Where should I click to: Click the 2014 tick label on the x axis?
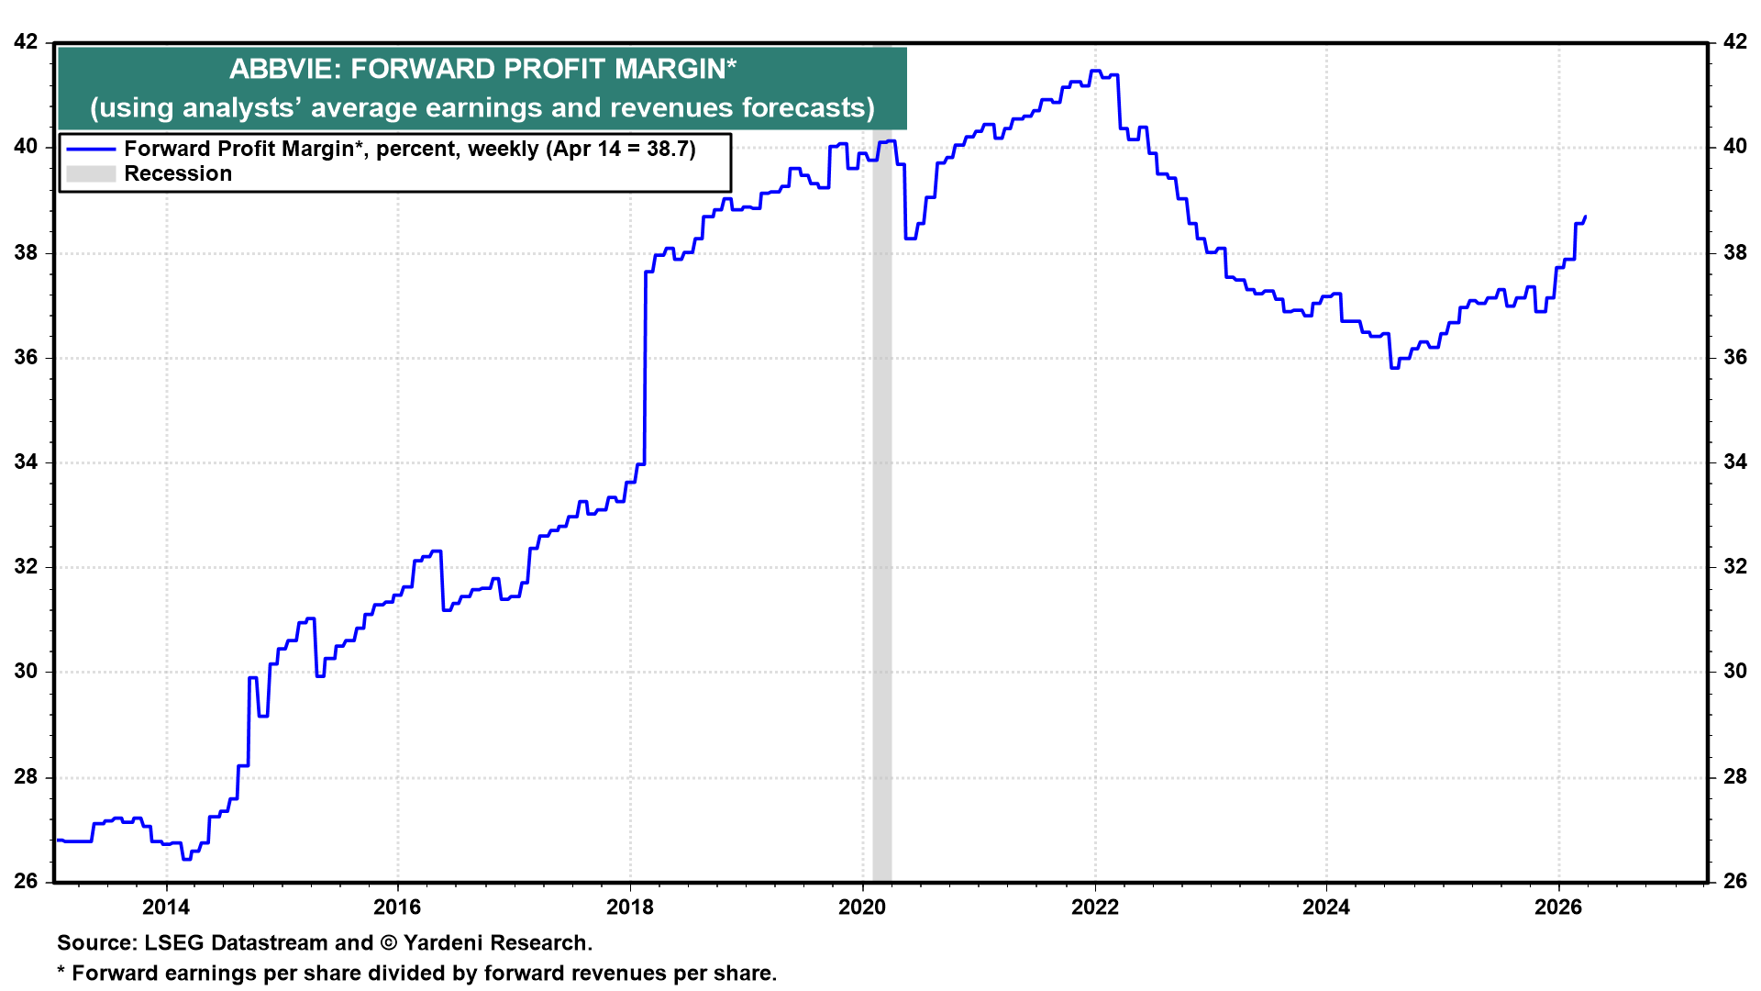pyautogui.click(x=166, y=907)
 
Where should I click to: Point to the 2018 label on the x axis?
pyautogui.click(x=630, y=907)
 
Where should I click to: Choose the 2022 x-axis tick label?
pyautogui.click(x=1095, y=907)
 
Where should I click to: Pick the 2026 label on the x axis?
pyautogui.click(x=1558, y=907)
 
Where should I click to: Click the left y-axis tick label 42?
pyautogui.click(x=27, y=42)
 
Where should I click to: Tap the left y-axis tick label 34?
pyautogui.click(x=27, y=462)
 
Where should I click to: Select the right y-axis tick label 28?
pyautogui.click(x=1734, y=777)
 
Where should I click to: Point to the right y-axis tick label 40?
pyautogui.click(x=1734, y=147)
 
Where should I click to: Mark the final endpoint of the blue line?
pyautogui.click(x=1586, y=217)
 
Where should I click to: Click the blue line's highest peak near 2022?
pyautogui.click(x=1094, y=71)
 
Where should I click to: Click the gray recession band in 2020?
pyautogui.click(x=881, y=551)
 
